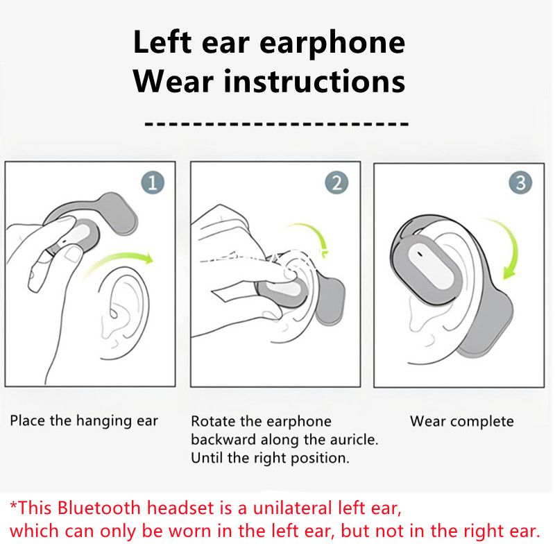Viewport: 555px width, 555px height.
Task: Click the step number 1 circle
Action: tap(153, 183)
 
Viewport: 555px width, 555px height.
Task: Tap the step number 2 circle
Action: tap(336, 183)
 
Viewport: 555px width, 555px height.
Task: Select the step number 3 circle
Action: tap(520, 183)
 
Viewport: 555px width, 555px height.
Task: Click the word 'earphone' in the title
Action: tap(334, 43)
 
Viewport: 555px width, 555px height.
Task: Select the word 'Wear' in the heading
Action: tap(173, 81)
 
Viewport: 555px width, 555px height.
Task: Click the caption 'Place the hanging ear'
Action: tap(84, 421)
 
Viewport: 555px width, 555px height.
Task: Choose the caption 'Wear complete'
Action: tap(461, 421)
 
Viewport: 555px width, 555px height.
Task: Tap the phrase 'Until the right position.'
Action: tap(270, 458)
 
